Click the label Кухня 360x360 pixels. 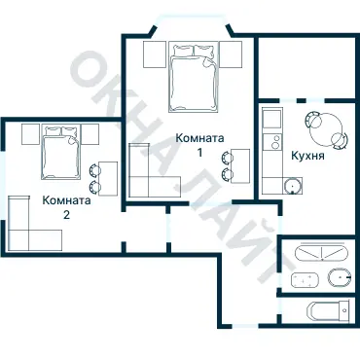point(307,156)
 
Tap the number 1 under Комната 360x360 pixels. point(200,153)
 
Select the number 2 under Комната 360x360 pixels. point(66,215)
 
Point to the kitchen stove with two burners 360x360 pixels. point(271,142)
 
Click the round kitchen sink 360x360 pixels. point(293,186)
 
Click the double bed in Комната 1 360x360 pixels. point(193,77)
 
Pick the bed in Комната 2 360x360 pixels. point(60,152)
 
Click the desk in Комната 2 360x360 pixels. point(108,178)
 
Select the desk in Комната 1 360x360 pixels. point(240,166)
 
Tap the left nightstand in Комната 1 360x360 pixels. point(155,54)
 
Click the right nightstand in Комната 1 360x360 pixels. point(231,54)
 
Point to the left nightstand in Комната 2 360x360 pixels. point(30,134)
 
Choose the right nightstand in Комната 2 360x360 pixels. point(90,134)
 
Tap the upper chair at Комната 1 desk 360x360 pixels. point(227,158)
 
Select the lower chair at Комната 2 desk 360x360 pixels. point(94,187)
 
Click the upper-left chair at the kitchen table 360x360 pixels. point(312,120)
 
